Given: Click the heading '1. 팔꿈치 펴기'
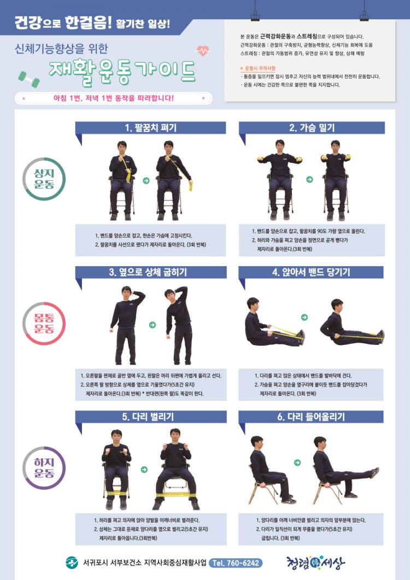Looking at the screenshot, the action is [150, 128].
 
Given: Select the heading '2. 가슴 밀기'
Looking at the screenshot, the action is [312, 128].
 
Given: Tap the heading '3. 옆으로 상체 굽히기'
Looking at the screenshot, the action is [148, 272].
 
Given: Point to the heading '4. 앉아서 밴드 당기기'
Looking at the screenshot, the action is [311, 272].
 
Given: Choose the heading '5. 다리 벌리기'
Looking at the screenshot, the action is [148, 417].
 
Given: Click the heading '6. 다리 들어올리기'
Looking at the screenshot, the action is [311, 417].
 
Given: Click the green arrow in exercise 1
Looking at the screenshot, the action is [146, 180].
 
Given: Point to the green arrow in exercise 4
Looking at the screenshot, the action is [304, 317].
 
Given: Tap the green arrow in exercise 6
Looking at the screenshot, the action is [297, 462].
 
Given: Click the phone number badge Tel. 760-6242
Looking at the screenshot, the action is [236, 563].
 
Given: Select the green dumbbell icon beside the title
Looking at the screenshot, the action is [29, 79].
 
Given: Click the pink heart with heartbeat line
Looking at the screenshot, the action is [202, 50].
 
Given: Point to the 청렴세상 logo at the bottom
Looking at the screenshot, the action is [315, 563].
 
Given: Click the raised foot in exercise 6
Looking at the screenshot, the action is [374, 472].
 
